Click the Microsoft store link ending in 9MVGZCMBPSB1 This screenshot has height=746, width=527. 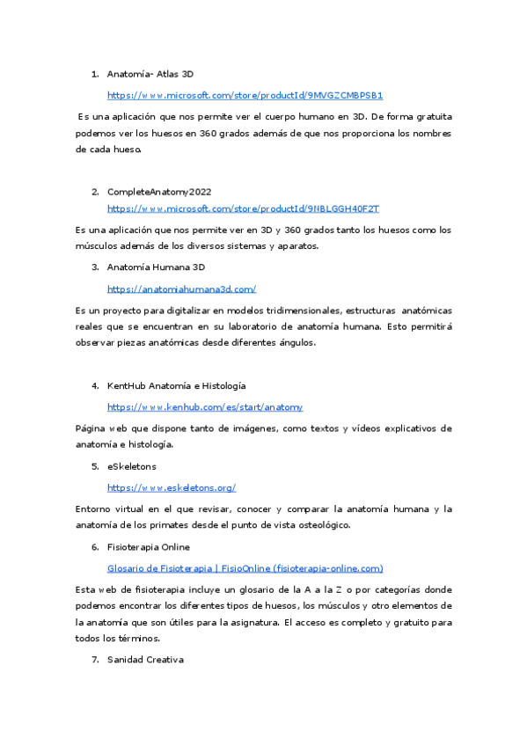(245, 95)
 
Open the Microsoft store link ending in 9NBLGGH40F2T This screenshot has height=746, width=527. (243, 208)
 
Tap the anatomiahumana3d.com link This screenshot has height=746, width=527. (181, 289)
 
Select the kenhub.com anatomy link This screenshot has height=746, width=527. (205, 407)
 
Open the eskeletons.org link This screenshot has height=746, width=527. (172, 487)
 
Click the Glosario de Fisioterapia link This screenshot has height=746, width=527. (245, 568)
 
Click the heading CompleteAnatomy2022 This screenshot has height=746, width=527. (158, 191)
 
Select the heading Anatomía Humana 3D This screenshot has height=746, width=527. (156, 267)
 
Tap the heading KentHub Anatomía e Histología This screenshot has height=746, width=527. (176, 386)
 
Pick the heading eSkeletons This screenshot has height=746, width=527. (131, 466)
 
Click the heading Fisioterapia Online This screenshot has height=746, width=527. (148, 547)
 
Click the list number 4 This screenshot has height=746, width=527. (95, 386)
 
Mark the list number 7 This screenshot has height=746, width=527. (95, 659)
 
